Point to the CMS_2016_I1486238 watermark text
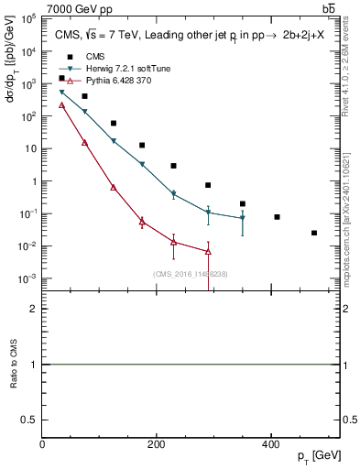click(x=190, y=273)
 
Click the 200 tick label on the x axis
click(x=157, y=444)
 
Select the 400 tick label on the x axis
click(x=270, y=444)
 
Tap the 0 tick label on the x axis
click(x=43, y=444)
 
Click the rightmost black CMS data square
click(x=314, y=233)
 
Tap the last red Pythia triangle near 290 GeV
click(x=208, y=251)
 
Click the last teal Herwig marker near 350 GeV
click(x=243, y=218)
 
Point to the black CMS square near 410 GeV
click(x=277, y=217)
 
